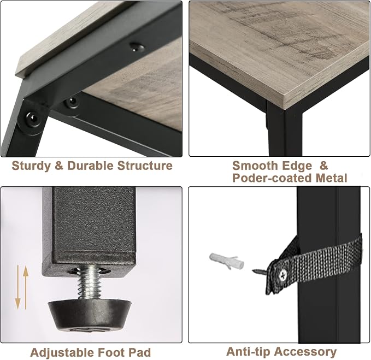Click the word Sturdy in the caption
click(31, 166)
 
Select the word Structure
click(145, 166)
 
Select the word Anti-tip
click(248, 351)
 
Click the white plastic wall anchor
click(226, 261)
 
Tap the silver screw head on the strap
click(282, 275)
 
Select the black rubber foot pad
click(90, 315)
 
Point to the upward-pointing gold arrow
click(26, 287)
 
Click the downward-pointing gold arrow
click(17, 287)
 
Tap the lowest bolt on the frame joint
click(32, 118)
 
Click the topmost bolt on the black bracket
click(137, 47)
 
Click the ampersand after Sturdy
click(59, 166)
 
